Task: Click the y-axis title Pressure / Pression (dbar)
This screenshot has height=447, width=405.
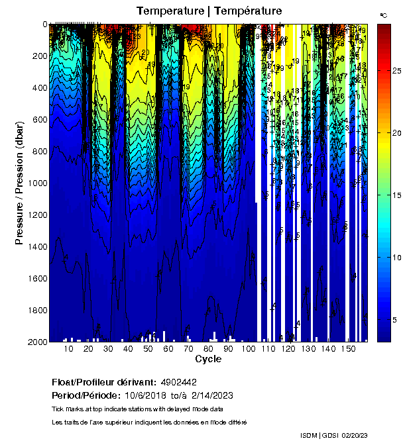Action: pyautogui.click(x=19, y=183)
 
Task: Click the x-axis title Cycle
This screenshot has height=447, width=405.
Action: pyautogui.click(x=208, y=359)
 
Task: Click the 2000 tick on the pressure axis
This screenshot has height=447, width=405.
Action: pyautogui.click(x=34, y=341)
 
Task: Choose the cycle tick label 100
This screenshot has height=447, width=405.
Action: pyautogui.click(x=248, y=348)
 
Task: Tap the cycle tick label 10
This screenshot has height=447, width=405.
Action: pyautogui.click(x=68, y=348)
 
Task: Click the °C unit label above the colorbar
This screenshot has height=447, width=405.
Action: pyautogui.click(x=384, y=15)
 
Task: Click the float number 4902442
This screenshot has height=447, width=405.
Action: pyautogui.click(x=178, y=382)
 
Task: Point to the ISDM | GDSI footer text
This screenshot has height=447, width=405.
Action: pyautogui.click(x=319, y=435)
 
